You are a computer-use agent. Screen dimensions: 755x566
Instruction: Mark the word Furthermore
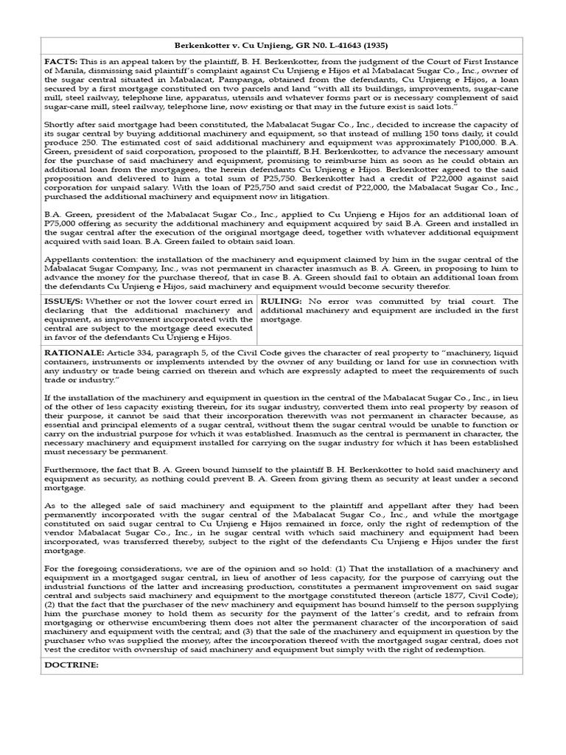[71, 469]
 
